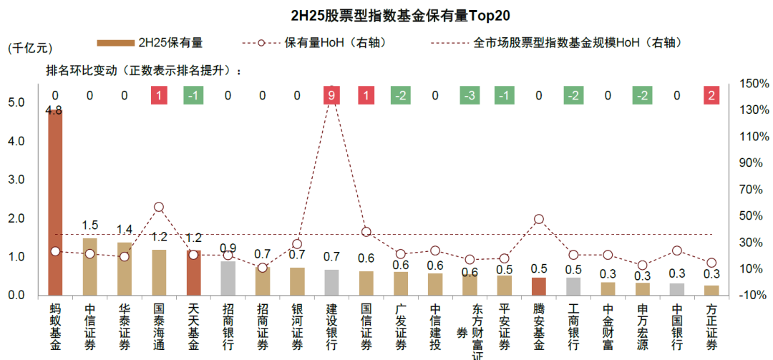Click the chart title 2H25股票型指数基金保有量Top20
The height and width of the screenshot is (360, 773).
[x=386, y=15]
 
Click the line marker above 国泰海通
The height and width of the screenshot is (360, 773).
[x=159, y=208]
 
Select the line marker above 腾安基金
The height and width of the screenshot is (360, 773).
[x=539, y=220]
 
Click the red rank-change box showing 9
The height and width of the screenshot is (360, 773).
[x=331, y=95]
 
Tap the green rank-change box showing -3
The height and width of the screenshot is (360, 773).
[x=470, y=95]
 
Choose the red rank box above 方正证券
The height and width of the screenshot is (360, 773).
[x=711, y=95]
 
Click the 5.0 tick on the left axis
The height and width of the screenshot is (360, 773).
[x=16, y=103]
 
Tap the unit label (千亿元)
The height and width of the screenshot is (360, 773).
[x=31, y=48]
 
